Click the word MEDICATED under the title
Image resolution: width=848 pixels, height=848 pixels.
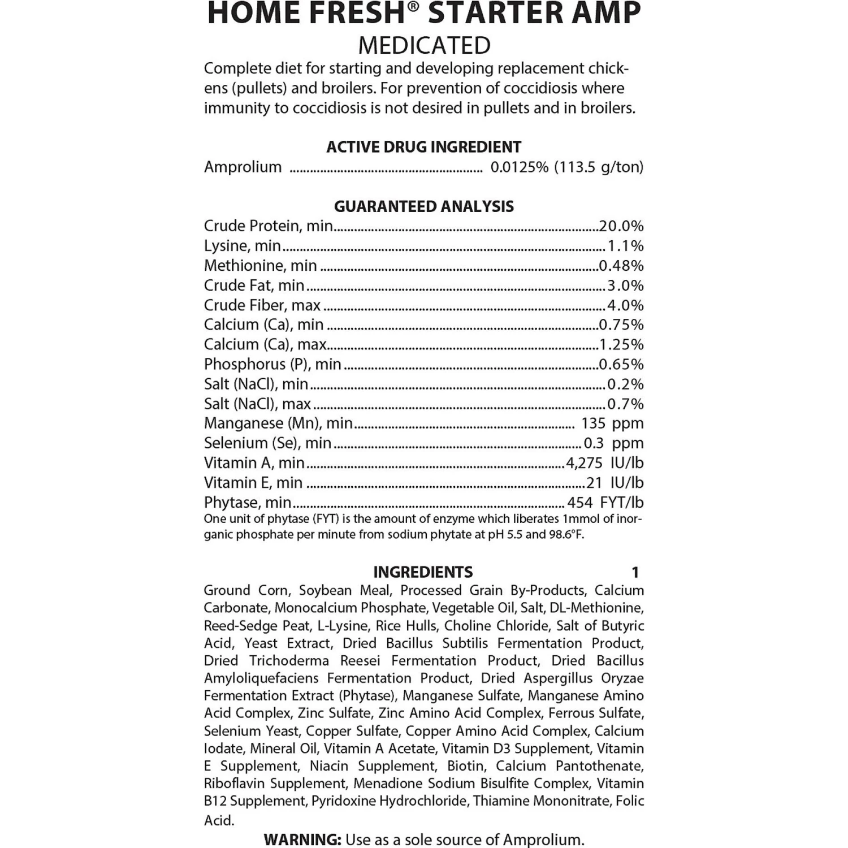[x=424, y=45]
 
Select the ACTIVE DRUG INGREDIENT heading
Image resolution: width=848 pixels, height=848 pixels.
[x=423, y=147]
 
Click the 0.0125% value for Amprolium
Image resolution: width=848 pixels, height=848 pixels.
[x=519, y=167]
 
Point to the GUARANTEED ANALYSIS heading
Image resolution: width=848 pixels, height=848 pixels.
[x=423, y=206]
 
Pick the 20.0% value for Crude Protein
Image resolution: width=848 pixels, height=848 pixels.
[x=621, y=226]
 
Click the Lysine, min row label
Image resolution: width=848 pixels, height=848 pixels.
[x=242, y=246]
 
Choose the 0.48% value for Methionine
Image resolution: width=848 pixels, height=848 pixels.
[x=621, y=266]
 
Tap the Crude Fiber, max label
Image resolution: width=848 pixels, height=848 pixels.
[x=262, y=305]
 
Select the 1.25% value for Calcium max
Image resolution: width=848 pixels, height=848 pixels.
[x=621, y=344]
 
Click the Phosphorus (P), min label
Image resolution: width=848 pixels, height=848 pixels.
[x=272, y=364]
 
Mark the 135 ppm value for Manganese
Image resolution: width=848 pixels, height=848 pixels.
[x=612, y=423]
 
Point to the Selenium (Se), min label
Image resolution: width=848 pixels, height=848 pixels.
[x=267, y=443]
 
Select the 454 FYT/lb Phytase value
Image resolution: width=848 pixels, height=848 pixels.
[x=605, y=503]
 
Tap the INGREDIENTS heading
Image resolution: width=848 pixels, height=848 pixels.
[x=423, y=572]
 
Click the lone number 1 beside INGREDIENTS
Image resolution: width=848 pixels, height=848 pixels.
[x=635, y=573]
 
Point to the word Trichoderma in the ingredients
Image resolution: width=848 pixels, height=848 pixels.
[x=289, y=661]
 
